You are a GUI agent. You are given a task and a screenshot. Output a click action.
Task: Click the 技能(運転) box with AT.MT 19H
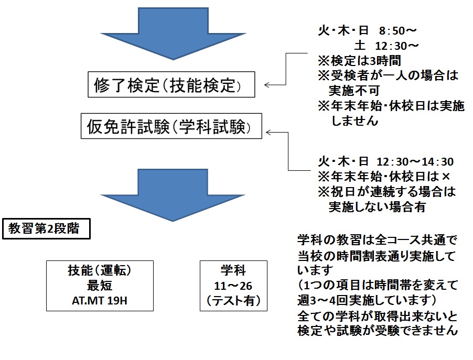(99, 287)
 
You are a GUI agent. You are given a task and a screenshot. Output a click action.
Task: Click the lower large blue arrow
(170, 194)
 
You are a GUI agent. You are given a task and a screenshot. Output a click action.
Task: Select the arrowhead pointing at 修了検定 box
(267, 84)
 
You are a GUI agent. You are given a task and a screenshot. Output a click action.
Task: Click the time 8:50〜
(399, 31)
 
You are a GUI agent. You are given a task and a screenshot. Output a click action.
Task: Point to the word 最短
(99, 287)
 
